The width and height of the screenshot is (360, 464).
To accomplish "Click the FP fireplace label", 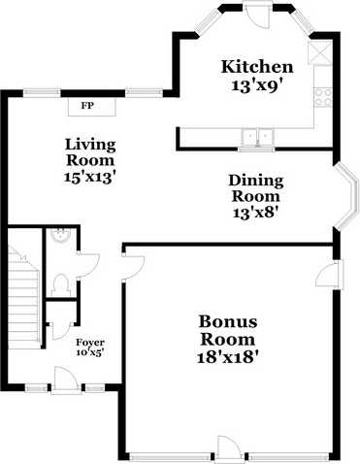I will coord(87,104).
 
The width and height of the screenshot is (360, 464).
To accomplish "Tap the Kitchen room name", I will coord(257,67).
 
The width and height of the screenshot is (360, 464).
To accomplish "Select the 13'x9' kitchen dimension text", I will coord(257,85).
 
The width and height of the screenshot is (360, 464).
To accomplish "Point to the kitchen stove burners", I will coord(324,95).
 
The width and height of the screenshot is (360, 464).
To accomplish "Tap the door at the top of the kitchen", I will coord(258,15).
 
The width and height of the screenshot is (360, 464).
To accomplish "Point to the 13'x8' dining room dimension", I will coord(256,213).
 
